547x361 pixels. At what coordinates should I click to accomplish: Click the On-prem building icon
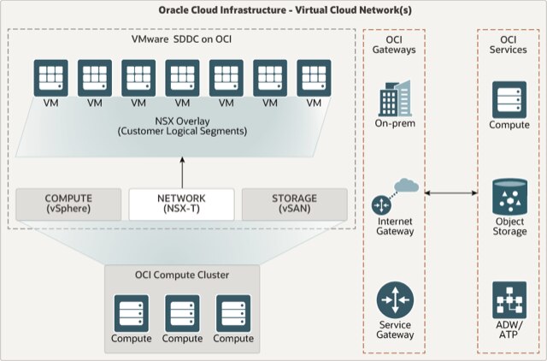click(395, 100)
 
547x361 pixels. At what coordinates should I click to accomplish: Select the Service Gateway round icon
click(395, 300)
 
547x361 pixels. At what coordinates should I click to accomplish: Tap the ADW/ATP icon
click(509, 300)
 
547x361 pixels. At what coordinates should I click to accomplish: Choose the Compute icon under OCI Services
click(509, 99)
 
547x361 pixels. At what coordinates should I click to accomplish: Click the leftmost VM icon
click(51, 78)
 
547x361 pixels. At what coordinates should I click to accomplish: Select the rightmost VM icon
click(314, 78)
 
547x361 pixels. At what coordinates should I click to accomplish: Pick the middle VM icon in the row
click(182, 78)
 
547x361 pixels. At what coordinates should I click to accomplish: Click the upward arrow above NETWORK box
click(182, 167)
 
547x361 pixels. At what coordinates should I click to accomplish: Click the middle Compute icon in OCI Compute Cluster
click(181, 312)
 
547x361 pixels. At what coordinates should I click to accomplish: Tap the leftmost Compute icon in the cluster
click(131, 312)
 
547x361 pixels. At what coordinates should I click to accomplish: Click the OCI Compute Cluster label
click(181, 275)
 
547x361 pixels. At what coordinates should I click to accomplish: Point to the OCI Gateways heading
click(395, 44)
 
